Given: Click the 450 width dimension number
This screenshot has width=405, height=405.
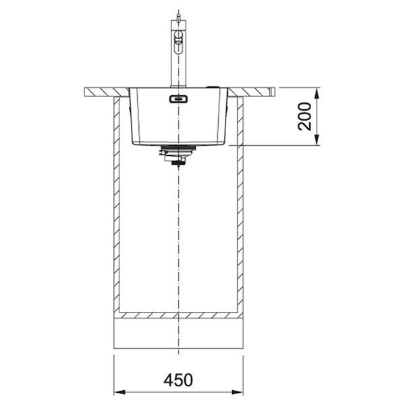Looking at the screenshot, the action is (x=178, y=379).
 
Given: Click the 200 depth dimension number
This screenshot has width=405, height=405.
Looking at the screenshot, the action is (x=304, y=116).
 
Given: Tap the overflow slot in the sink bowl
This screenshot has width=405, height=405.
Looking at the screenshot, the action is (x=178, y=99).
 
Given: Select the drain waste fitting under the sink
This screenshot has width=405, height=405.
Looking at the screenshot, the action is (x=178, y=155).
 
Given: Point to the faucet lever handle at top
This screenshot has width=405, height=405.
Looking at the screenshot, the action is (x=178, y=42).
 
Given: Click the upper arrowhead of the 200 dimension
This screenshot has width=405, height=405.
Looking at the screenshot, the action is (x=317, y=94).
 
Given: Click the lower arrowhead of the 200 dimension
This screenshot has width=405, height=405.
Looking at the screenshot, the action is (x=317, y=140).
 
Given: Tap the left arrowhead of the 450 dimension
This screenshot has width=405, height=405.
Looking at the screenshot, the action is (x=119, y=392).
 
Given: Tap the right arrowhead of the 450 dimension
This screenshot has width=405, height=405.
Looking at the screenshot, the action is (x=238, y=392).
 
